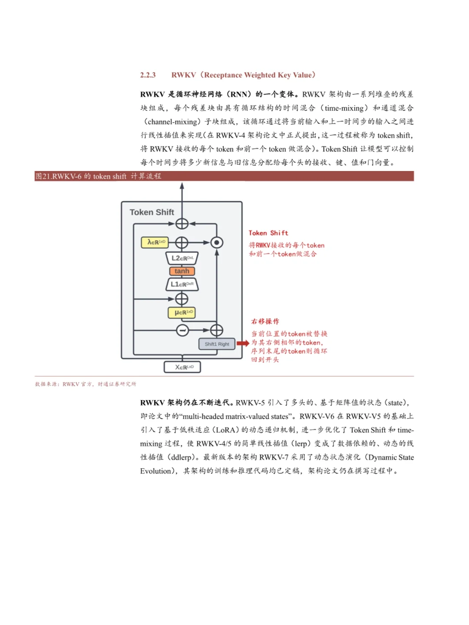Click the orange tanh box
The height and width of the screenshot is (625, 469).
click(182, 271)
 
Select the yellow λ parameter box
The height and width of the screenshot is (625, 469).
click(155, 242)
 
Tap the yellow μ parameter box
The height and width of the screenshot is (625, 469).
click(182, 312)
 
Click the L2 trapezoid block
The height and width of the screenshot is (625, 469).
click(182, 258)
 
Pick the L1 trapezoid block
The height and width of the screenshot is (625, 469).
click(182, 284)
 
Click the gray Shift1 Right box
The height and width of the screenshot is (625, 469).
click(217, 344)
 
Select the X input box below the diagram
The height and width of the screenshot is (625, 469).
click(182, 367)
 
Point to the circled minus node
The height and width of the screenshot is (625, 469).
click(182, 331)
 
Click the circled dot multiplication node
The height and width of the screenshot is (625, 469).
click(217, 243)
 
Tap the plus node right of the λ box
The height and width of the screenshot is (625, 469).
click(182, 243)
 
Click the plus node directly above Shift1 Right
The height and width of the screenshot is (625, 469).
click(216, 331)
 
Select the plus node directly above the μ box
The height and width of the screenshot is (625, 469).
click(182, 299)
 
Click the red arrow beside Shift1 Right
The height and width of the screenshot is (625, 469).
click(243, 343)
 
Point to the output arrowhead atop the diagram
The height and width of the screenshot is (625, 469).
click(182, 186)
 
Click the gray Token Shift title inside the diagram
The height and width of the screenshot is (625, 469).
click(152, 212)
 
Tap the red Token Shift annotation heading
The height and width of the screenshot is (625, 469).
click(268, 233)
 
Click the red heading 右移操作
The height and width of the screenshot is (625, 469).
click(265, 322)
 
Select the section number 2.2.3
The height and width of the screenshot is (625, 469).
click(148, 75)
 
